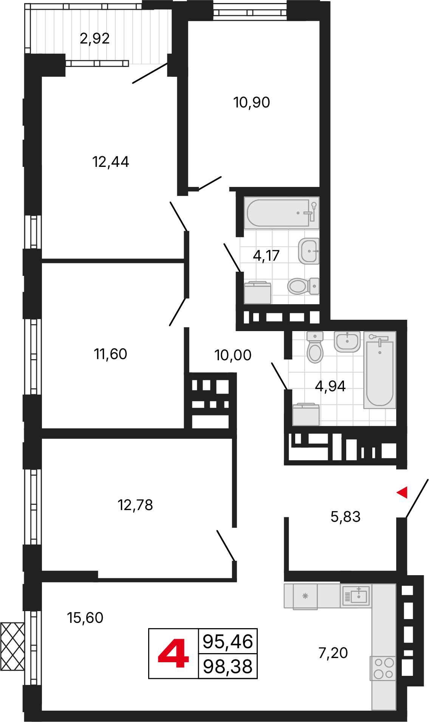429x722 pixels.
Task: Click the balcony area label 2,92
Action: (x=94, y=39)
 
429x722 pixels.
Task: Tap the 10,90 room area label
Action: (x=252, y=103)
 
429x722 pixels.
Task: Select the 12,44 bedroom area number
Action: (x=111, y=162)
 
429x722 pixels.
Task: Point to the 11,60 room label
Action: (x=110, y=354)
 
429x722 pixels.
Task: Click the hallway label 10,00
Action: (x=233, y=355)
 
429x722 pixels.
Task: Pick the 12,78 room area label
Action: (x=135, y=505)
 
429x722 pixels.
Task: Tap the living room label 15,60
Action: (x=85, y=618)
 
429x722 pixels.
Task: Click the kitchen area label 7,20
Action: (x=333, y=653)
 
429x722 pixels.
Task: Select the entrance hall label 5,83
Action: (x=345, y=517)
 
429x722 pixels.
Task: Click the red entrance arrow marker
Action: (x=402, y=492)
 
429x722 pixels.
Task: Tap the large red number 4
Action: (x=173, y=654)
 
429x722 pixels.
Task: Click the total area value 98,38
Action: (x=228, y=667)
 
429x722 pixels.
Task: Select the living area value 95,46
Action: (x=228, y=642)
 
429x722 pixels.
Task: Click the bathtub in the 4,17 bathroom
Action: (x=282, y=213)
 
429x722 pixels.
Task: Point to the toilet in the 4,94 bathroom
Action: (x=315, y=347)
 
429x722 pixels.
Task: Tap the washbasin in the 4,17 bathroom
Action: (x=309, y=251)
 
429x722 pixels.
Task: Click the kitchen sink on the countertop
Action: (x=356, y=596)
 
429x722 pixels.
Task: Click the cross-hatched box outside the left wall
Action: (x=12, y=646)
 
